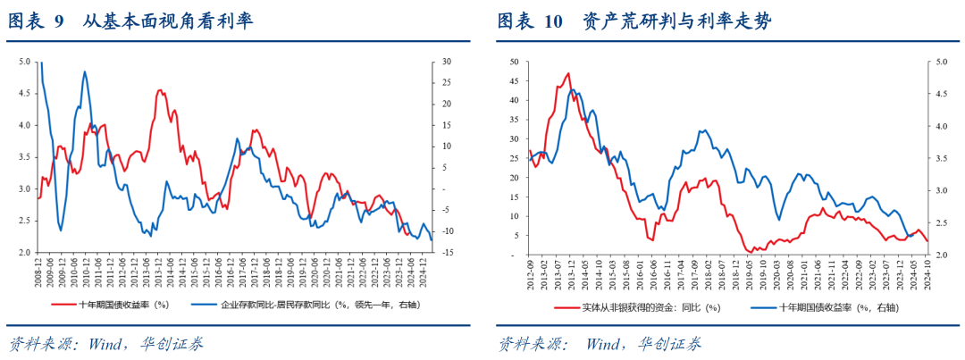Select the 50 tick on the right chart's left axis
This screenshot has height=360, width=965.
(x=514, y=62)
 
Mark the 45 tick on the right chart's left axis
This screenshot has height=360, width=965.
(x=514, y=81)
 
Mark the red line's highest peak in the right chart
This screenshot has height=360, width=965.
(x=568, y=73)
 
